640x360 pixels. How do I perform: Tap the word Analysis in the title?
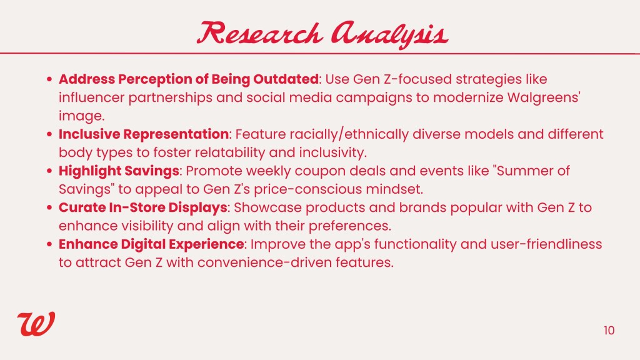390,34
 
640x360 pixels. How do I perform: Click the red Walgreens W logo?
36,324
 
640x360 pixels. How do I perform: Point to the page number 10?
609,330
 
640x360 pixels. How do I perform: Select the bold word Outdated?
286,79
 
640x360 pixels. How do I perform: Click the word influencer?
91,97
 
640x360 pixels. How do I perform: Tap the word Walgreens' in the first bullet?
544,98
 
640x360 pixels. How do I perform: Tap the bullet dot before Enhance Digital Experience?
49,245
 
